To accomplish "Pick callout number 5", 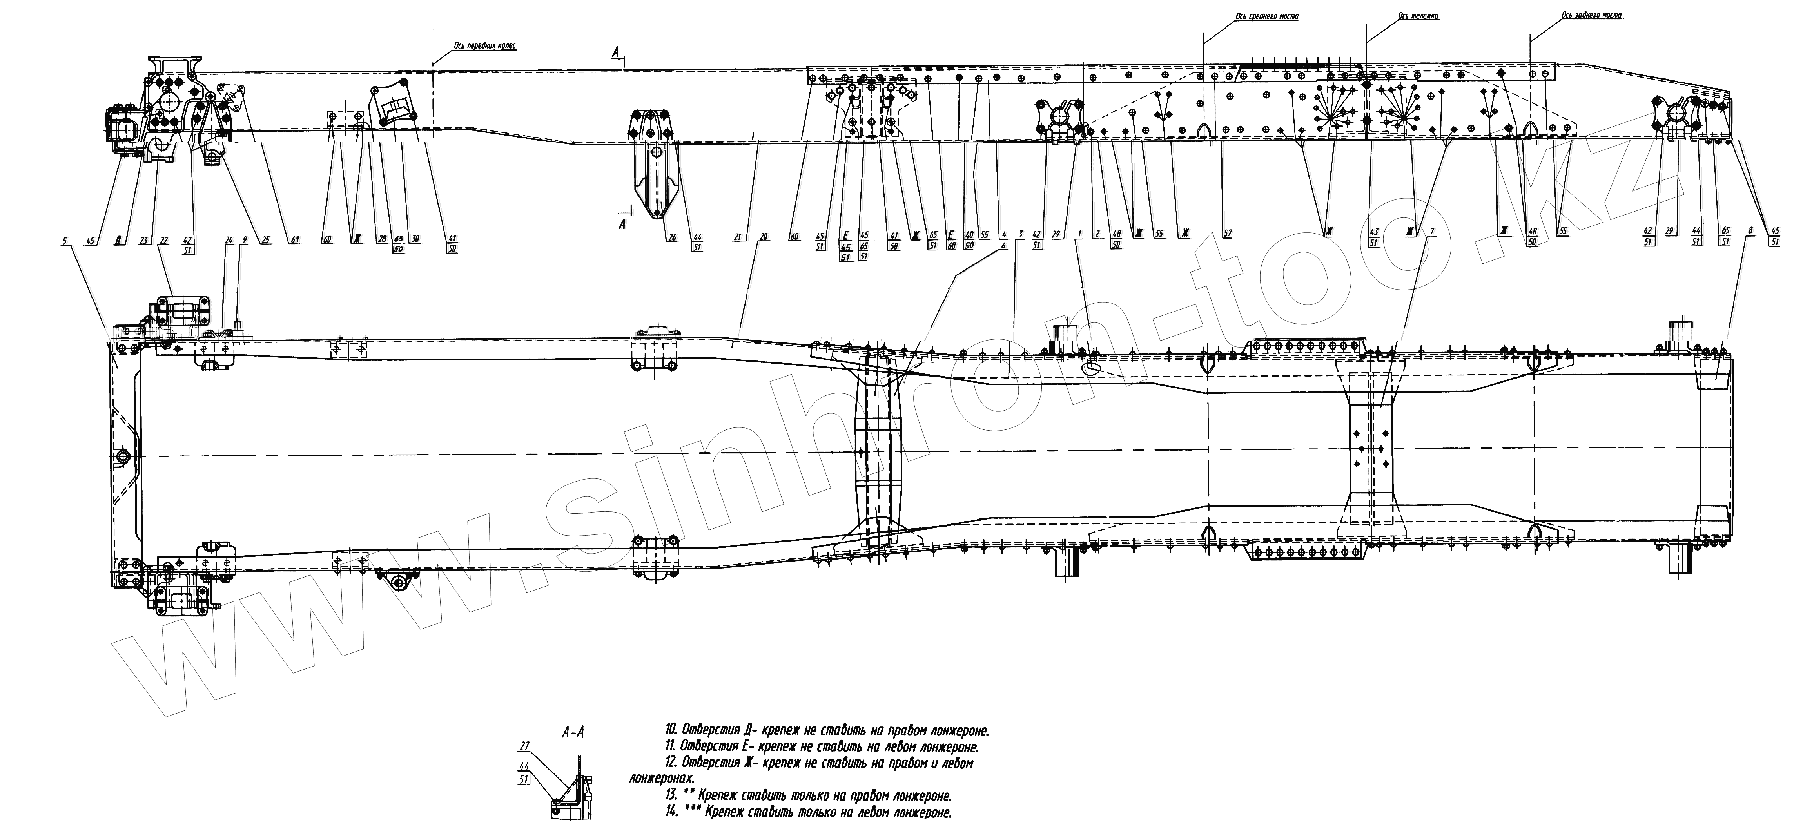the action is pyautogui.click(x=65, y=241).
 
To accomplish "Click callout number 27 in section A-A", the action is pyautogui.click(x=525, y=746).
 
